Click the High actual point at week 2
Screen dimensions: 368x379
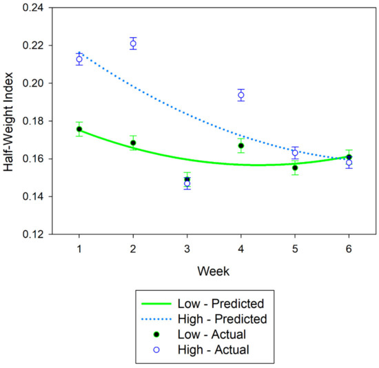(x=133, y=43)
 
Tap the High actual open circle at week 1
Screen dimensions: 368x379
(x=79, y=59)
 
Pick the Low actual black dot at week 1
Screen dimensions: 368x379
(x=79, y=129)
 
